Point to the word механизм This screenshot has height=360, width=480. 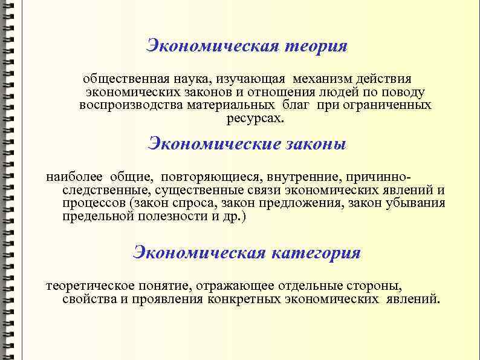pyautogui.click(x=323, y=79)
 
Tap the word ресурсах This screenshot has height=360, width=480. pyautogui.click(x=254, y=118)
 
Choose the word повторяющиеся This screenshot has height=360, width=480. pyautogui.click(x=213, y=178)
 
